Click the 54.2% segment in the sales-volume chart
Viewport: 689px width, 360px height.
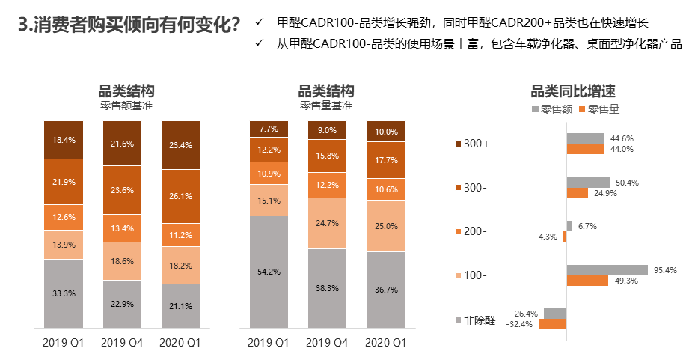(x=269, y=271)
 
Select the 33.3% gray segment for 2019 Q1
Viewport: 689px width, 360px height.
(x=63, y=293)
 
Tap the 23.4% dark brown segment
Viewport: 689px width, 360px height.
(x=180, y=145)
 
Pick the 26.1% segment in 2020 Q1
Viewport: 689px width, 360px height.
(x=180, y=196)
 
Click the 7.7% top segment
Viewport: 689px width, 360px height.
(x=269, y=129)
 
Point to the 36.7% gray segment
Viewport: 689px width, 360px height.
(x=385, y=290)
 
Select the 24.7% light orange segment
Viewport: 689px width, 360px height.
(x=327, y=223)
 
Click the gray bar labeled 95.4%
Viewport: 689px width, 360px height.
(x=607, y=270)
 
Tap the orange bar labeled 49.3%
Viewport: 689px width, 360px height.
(x=587, y=281)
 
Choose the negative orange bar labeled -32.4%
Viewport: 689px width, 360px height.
(x=552, y=324)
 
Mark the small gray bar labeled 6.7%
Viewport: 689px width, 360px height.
(x=569, y=226)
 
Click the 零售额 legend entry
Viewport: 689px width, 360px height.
(x=552, y=109)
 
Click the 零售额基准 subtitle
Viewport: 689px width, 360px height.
(x=126, y=106)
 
